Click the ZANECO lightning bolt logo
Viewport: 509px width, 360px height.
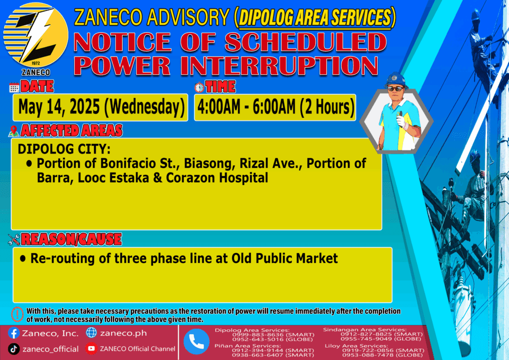pyautogui.click(x=36, y=35)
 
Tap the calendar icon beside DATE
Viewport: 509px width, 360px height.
pyautogui.click(x=14, y=88)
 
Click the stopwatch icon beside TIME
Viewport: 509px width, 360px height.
pyautogui.click(x=199, y=88)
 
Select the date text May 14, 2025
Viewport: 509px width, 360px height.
pyautogui.click(x=59, y=107)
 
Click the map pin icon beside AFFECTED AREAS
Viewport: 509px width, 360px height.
pyautogui.click(x=13, y=131)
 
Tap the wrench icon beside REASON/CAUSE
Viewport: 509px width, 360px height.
pyautogui.click(x=14, y=240)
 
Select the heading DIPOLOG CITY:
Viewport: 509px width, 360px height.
pyautogui.click(x=64, y=149)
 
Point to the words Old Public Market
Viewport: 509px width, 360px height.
pyautogui.click(x=284, y=259)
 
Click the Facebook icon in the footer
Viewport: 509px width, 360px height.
pyautogui.click(x=13, y=333)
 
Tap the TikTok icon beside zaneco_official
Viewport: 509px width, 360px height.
pyautogui.click(x=13, y=349)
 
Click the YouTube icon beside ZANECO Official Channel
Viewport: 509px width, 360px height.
pyautogui.click(x=91, y=349)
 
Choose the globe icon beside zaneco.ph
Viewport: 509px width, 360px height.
pyautogui.click(x=91, y=333)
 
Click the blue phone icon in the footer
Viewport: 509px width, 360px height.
pyautogui.click(x=196, y=342)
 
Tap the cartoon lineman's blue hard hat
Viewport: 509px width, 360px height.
pyautogui.click(x=396, y=80)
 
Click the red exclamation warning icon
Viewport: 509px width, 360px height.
pyautogui.click(x=17, y=314)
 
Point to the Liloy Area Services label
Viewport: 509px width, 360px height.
pyautogui.click(x=356, y=346)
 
